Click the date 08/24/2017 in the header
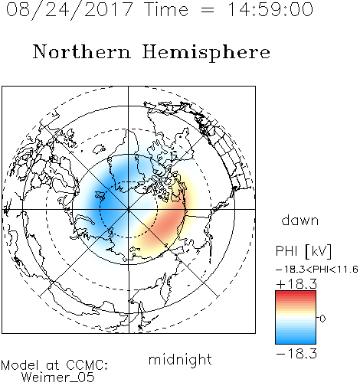click(70, 10)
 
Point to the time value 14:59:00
click(270, 10)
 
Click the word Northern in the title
click(82, 51)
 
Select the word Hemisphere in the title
click(206, 53)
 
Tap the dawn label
click(300, 220)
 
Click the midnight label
click(180, 360)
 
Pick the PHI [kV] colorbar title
click(303, 251)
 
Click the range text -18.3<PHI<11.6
click(317, 270)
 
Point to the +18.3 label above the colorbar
click(296, 284)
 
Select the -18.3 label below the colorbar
click(296, 354)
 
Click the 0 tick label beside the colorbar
click(322, 319)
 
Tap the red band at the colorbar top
click(296, 294)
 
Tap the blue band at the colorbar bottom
click(296, 341)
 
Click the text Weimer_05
click(58, 377)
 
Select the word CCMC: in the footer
click(87, 365)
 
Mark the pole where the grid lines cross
click(128, 209)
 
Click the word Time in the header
click(166, 10)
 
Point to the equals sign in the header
click(208, 10)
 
